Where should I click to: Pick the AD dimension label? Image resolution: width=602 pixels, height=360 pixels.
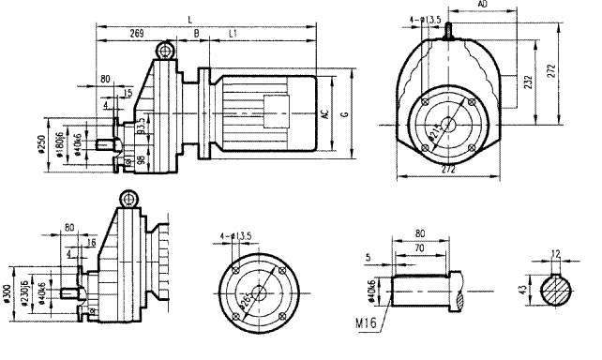pos(483,6)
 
